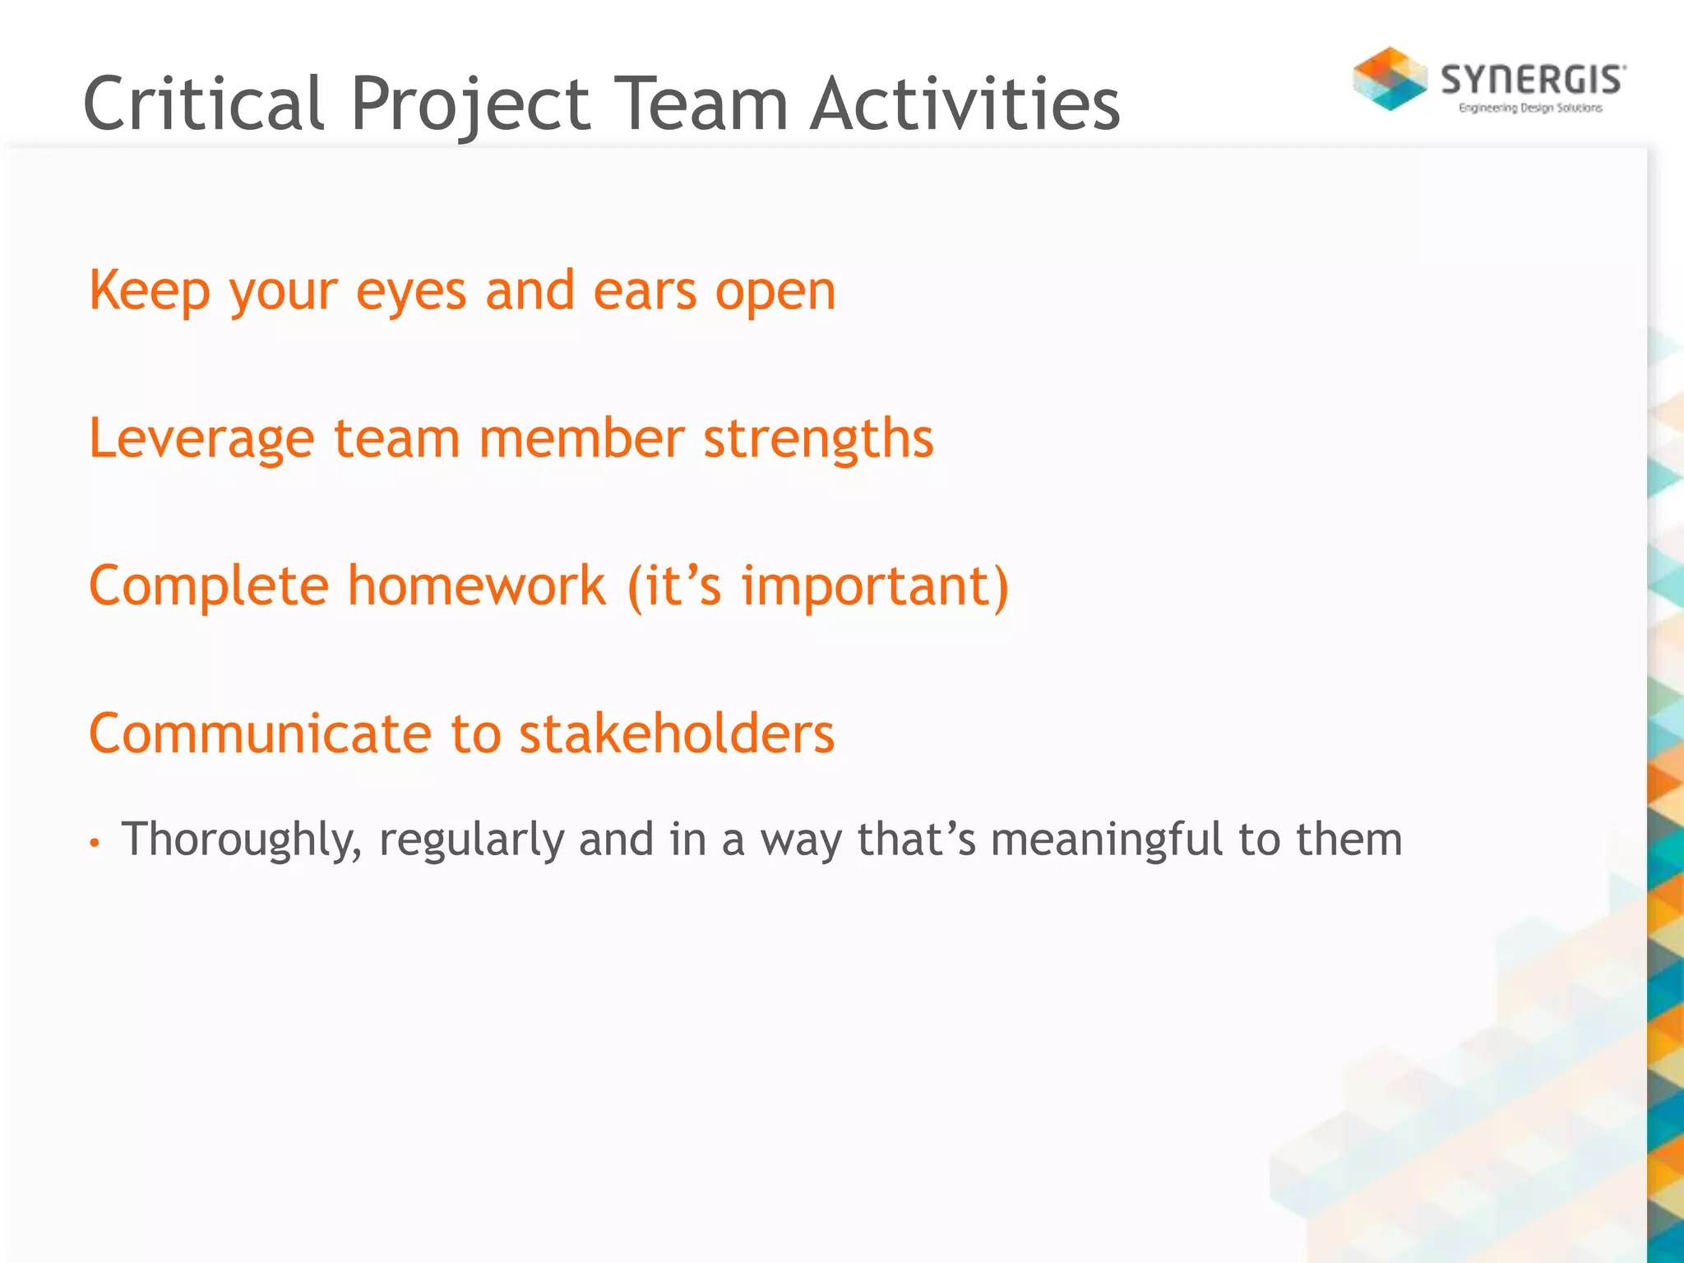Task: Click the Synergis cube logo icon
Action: point(1390,79)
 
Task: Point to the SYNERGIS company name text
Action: point(1532,81)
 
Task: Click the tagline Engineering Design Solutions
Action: point(1529,108)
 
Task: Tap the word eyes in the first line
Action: point(411,292)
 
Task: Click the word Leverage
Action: point(201,438)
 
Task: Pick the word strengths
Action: point(818,438)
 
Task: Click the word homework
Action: point(476,585)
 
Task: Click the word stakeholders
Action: point(676,733)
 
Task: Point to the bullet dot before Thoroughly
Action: point(95,843)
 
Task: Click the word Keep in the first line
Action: point(149,292)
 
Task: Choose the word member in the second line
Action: point(581,438)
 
